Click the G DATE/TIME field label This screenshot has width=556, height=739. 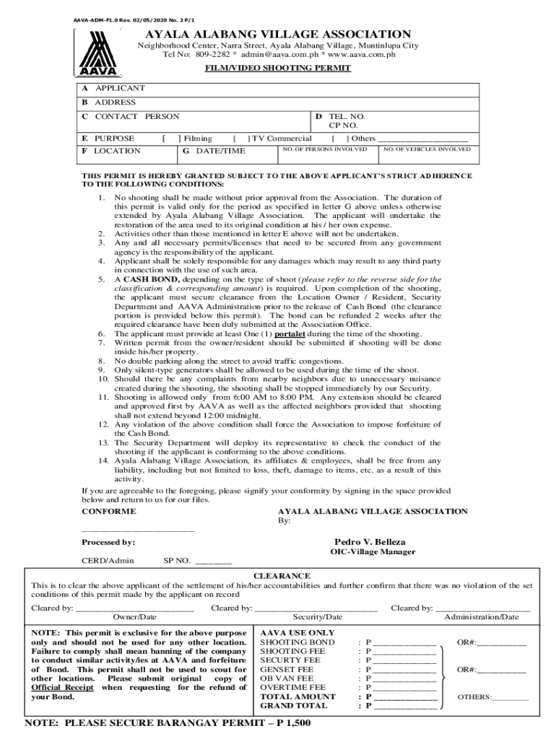click(x=214, y=151)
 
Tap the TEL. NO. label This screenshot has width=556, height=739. click(x=347, y=115)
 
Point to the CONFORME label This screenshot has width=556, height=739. click(x=108, y=511)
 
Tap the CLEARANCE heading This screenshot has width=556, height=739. click(x=282, y=576)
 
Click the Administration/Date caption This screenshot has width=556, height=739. click(x=481, y=617)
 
